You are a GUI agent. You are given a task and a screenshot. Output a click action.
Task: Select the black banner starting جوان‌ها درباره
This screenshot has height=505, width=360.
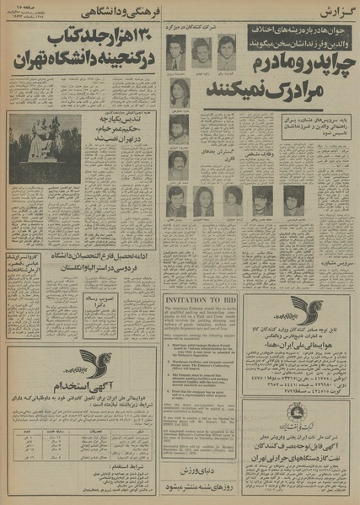tap(298, 34)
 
